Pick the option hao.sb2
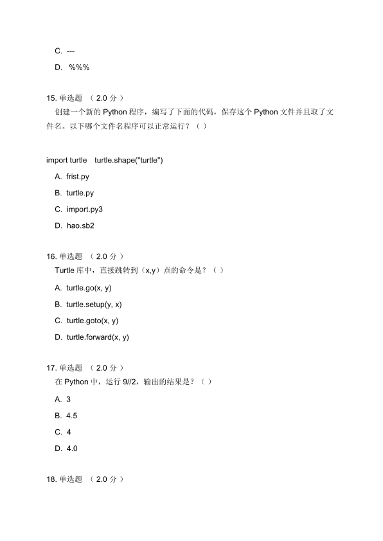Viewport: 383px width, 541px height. (x=80, y=226)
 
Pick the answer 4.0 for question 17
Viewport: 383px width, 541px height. (x=72, y=448)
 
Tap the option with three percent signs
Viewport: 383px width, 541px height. (x=78, y=67)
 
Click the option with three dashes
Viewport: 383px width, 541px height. (x=71, y=51)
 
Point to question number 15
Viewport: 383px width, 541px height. (x=52, y=98)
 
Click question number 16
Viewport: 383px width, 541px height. (x=52, y=256)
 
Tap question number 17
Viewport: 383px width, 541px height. (x=52, y=368)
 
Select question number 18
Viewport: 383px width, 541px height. (x=52, y=479)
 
